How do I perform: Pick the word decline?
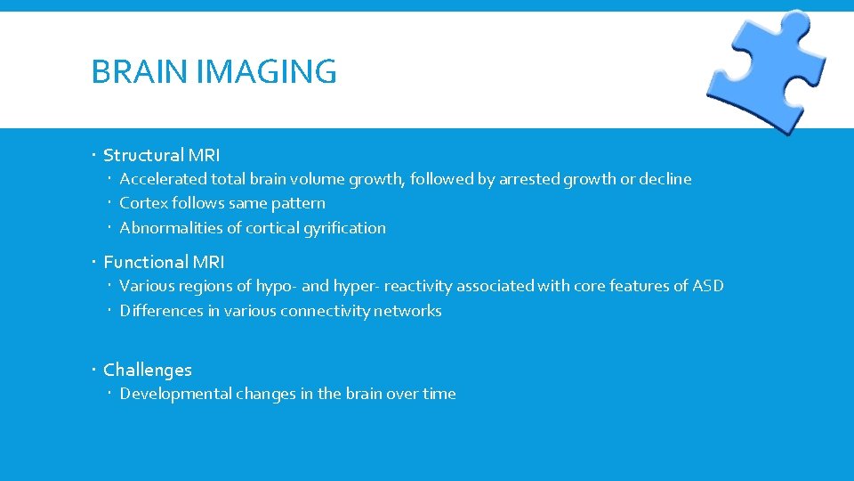pyautogui.click(x=665, y=179)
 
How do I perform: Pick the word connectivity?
pyautogui.click(x=326, y=311)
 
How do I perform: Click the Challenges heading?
pyautogui.click(x=148, y=370)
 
